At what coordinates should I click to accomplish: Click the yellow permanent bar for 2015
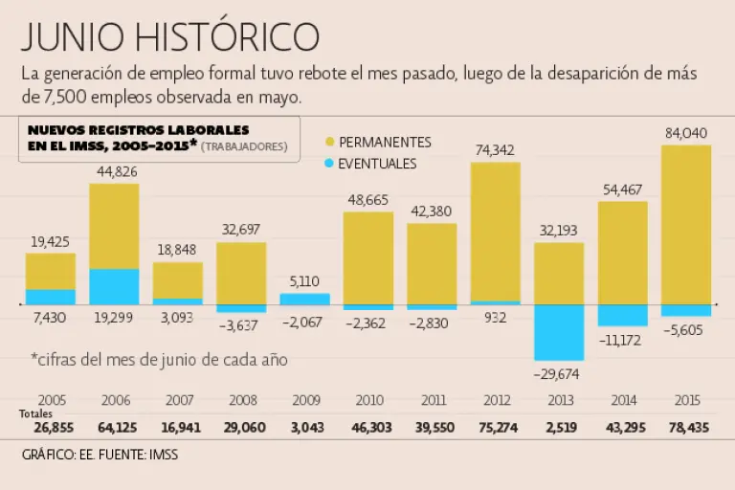[685, 224]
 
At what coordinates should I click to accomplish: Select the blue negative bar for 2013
[559, 332]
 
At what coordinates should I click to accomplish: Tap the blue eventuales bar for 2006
[114, 286]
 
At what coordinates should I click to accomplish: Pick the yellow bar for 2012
[495, 232]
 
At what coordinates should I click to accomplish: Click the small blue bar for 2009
[304, 299]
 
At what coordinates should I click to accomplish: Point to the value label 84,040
[685, 133]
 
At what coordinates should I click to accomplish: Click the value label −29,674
[558, 373]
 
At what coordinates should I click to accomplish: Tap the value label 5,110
[304, 281]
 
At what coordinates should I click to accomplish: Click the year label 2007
[178, 400]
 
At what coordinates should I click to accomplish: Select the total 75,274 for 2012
[495, 427]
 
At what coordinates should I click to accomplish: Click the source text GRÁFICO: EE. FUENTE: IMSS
[100, 455]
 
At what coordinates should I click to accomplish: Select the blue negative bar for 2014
[622, 315]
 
